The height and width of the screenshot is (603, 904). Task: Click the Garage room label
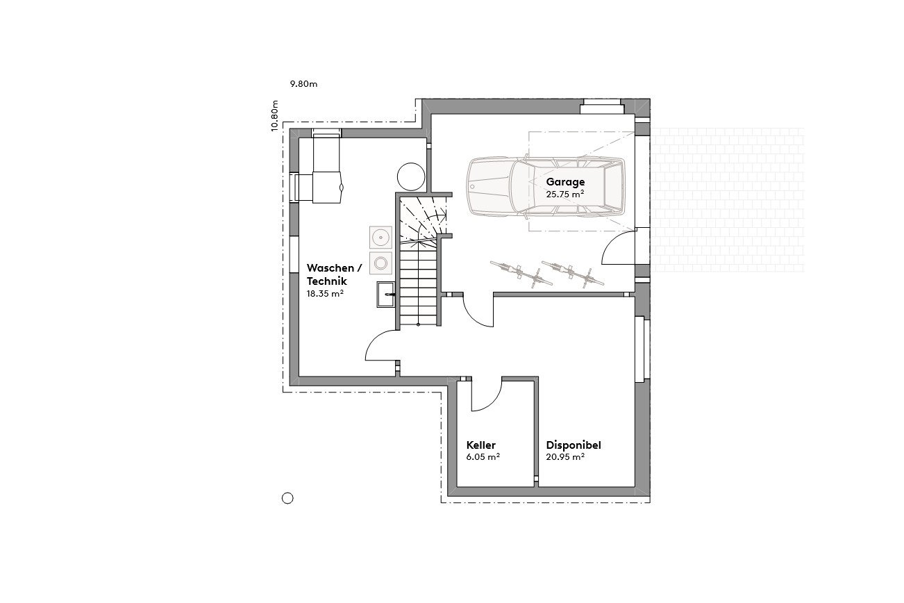(565, 183)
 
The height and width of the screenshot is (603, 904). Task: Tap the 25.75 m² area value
(564, 195)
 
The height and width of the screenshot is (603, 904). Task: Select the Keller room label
(481, 445)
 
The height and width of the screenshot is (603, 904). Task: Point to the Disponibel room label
(574, 445)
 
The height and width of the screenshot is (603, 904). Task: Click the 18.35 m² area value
(326, 294)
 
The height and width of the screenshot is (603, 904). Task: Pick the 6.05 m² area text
(483, 457)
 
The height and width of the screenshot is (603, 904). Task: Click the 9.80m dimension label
(303, 84)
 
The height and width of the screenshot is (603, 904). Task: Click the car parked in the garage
(545, 186)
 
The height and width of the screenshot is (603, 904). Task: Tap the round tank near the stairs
(410, 176)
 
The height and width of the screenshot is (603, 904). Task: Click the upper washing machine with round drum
(380, 238)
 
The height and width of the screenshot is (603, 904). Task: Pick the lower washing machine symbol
(380, 263)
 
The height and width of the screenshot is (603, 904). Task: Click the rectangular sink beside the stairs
(386, 295)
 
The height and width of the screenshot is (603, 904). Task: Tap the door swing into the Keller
(487, 395)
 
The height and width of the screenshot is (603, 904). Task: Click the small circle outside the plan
(287, 497)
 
